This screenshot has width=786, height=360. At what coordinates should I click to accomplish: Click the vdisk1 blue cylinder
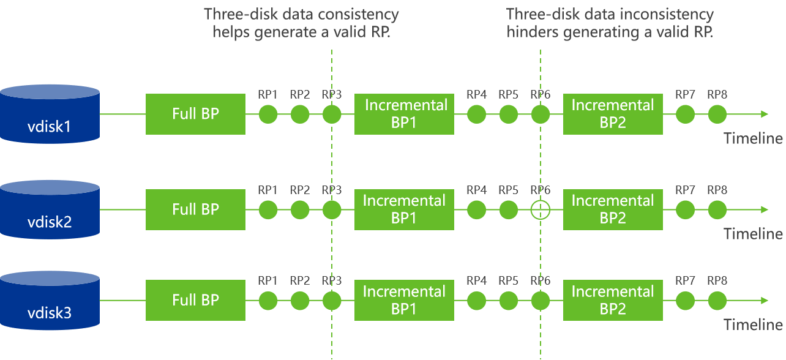50,114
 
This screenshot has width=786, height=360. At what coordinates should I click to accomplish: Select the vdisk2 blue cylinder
50,209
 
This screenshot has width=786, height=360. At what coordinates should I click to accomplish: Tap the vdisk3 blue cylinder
50,301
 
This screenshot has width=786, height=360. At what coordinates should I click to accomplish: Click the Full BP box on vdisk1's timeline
195,114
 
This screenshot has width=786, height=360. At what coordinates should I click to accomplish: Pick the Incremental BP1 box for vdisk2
404,209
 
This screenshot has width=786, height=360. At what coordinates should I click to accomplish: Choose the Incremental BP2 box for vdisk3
613,301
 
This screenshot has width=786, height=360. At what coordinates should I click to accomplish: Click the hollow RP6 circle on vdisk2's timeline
541,201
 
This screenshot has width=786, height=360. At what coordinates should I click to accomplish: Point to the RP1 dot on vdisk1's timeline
268,114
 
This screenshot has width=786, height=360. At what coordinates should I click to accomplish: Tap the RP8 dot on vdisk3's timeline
717,301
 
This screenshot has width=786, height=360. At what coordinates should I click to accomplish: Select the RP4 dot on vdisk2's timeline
476,210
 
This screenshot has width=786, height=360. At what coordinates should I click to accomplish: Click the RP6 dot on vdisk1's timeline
541,114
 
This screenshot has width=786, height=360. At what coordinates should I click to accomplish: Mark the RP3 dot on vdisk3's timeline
332,301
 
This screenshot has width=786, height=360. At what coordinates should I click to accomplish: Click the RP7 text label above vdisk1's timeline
685,94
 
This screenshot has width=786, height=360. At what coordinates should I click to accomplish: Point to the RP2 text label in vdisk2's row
300,190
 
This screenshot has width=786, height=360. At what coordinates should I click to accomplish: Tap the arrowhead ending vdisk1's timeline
765,114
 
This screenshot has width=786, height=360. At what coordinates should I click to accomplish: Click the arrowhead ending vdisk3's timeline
765,301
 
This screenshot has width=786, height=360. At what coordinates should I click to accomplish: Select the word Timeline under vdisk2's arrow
753,234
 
